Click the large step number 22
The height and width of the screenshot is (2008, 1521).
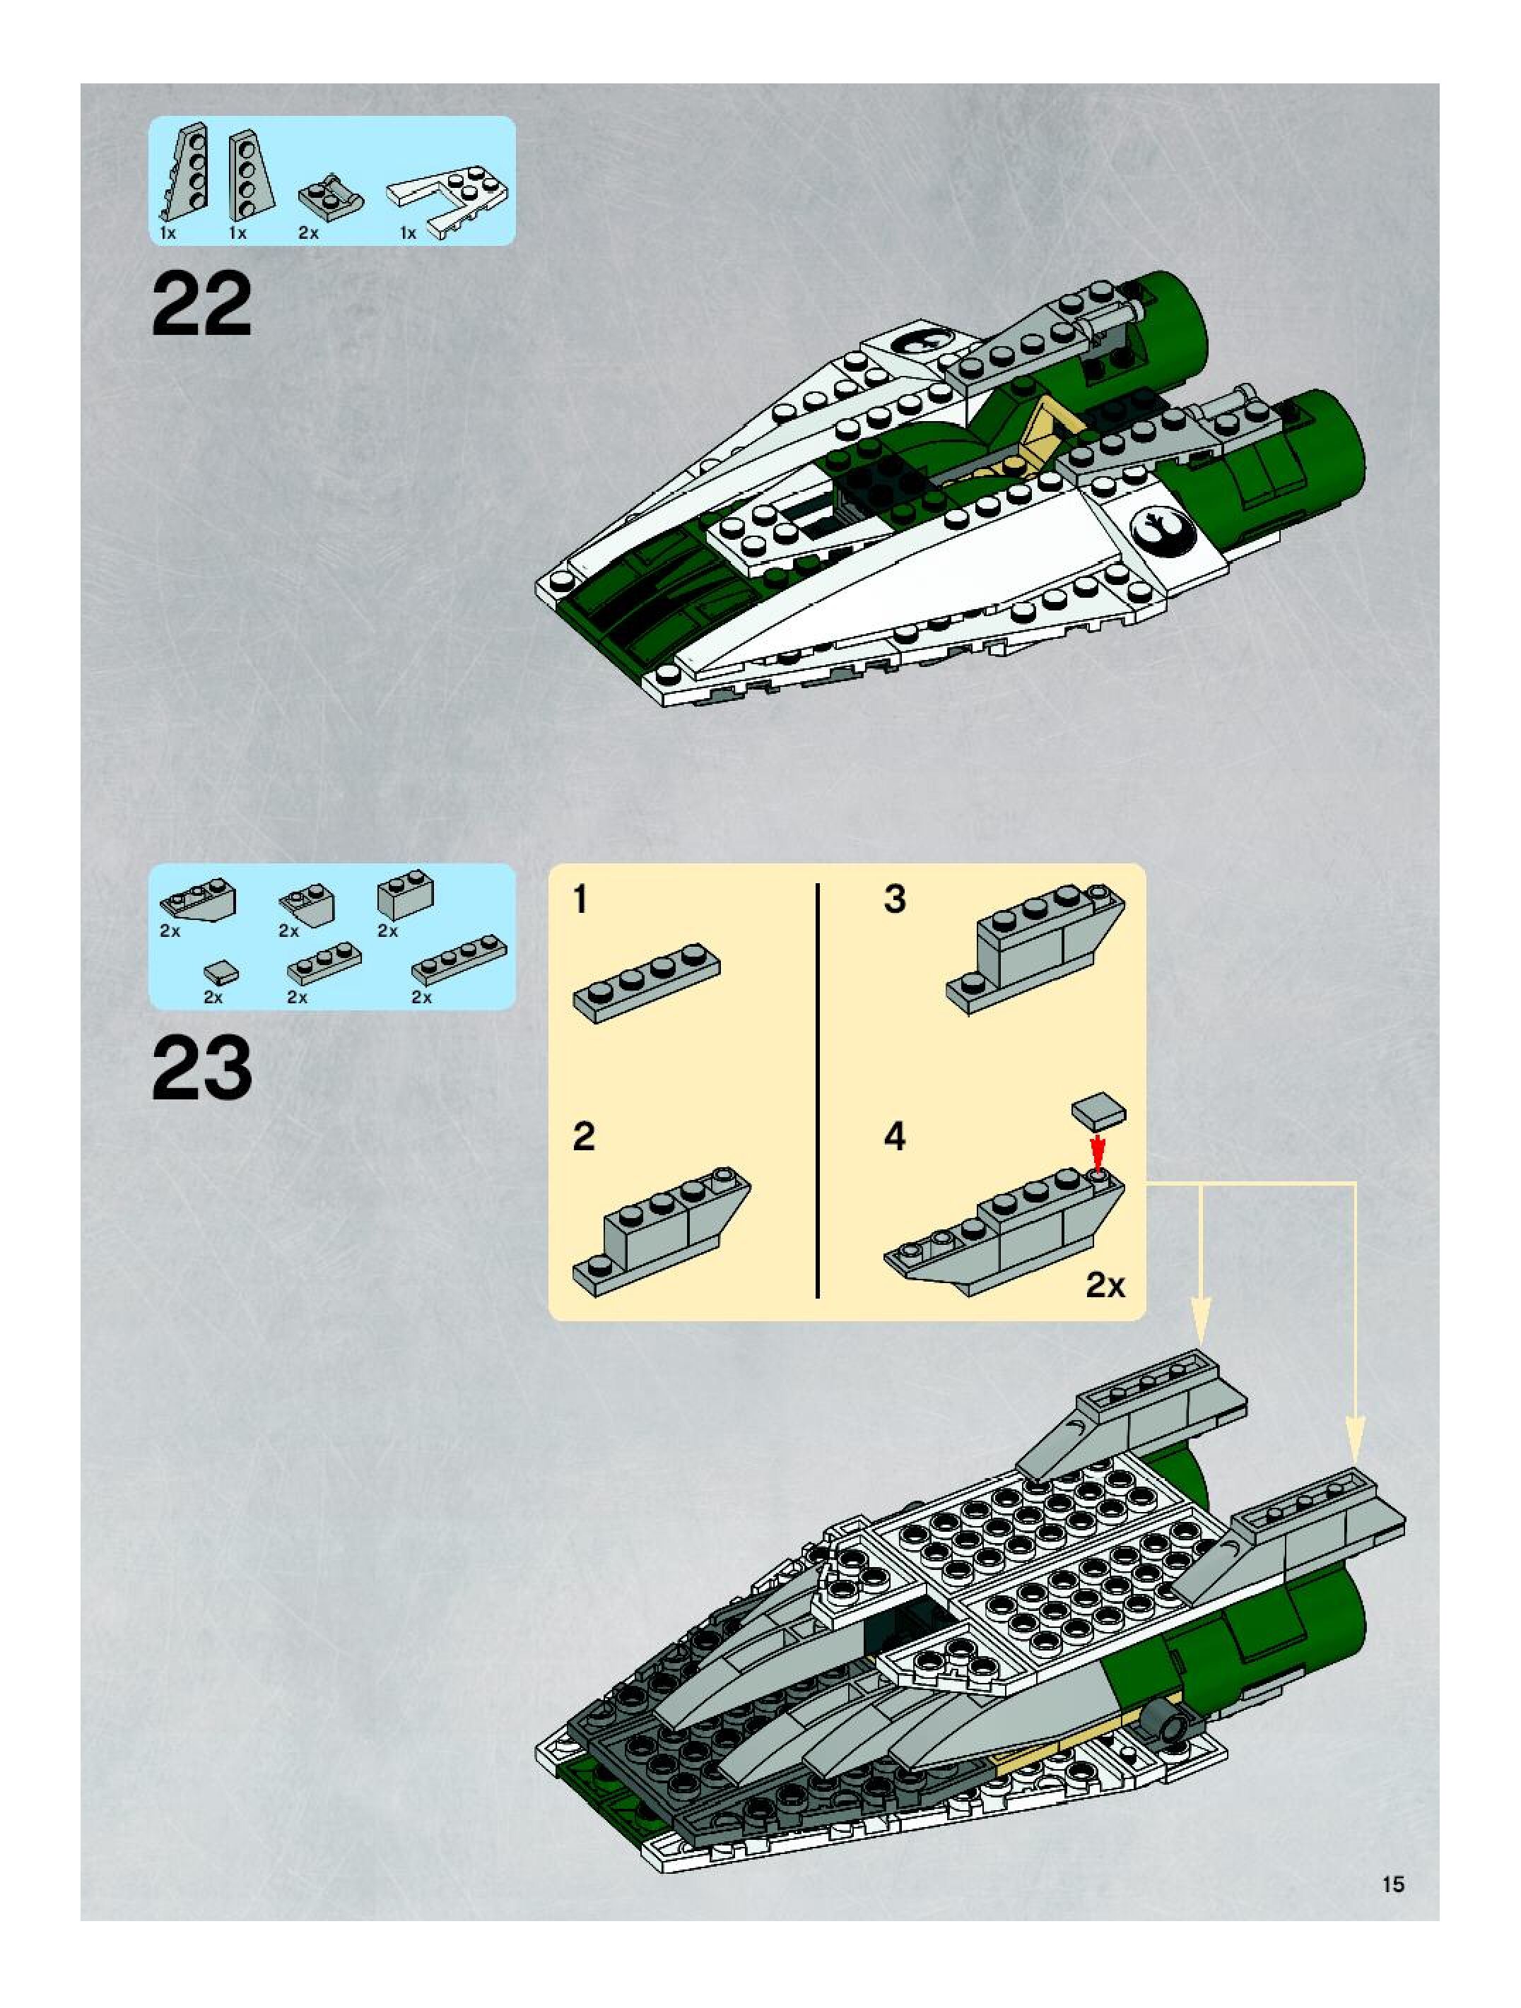point(201,306)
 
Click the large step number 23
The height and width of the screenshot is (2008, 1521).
point(201,1070)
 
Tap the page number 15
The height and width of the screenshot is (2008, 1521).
point(1393,1884)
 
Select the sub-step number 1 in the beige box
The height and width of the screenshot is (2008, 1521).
point(580,901)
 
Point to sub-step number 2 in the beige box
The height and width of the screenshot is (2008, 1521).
point(584,1137)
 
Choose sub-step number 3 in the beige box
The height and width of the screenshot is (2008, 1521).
point(895,899)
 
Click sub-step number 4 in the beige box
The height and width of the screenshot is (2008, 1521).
point(895,1137)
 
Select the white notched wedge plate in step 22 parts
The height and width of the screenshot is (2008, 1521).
point(447,198)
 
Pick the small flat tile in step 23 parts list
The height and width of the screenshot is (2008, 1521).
point(223,974)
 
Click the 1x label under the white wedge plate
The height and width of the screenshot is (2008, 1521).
point(408,233)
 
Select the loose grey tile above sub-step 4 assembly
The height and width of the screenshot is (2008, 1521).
point(1098,1109)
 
